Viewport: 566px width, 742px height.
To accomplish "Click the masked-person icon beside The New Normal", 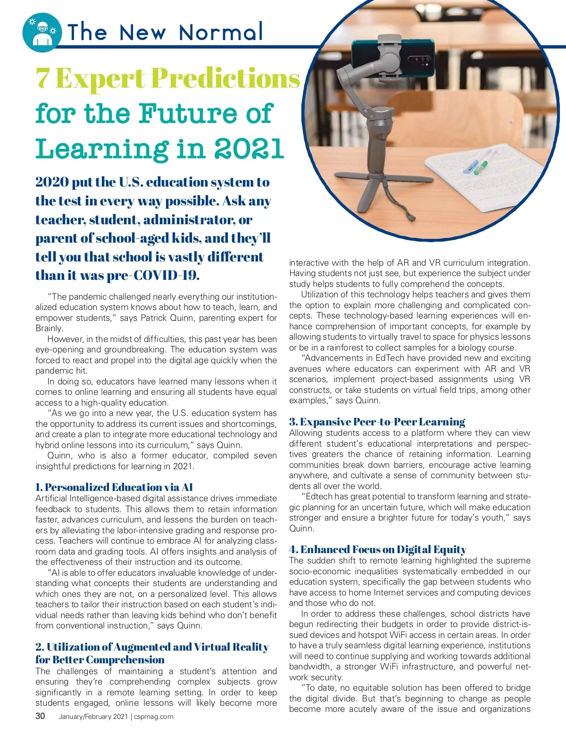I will pyautogui.click(x=42, y=32).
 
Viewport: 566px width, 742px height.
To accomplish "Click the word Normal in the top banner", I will pyautogui.click(x=221, y=32).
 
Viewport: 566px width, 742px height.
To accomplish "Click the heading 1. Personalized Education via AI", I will pyautogui.click(x=114, y=487).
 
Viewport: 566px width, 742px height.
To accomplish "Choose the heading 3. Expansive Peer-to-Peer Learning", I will pyautogui.click(x=377, y=422).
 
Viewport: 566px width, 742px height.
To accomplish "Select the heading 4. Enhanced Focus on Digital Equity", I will pyautogui.click(x=378, y=549).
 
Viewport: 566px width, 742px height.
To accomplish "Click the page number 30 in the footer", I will pyautogui.click(x=41, y=716).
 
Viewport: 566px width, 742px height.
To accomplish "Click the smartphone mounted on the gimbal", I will pyautogui.click(x=392, y=59).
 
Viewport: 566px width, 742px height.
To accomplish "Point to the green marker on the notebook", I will pyautogui.click(x=482, y=165).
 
